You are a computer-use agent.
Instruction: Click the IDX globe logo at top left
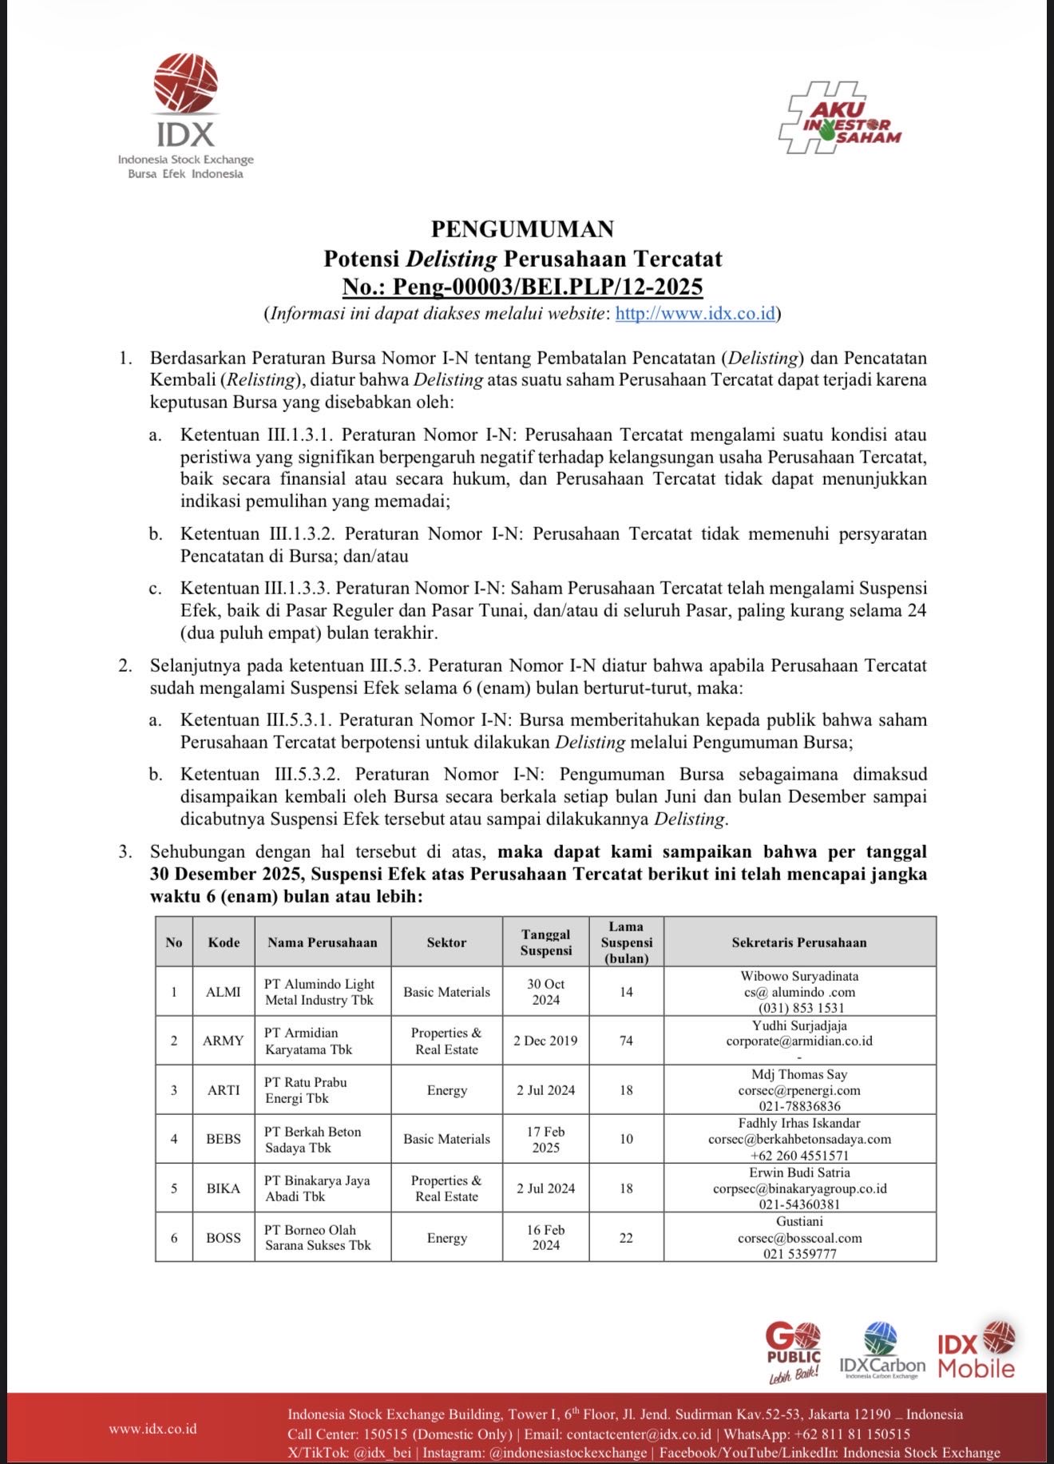coord(185,84)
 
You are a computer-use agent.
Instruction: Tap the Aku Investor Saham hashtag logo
coord(839,118)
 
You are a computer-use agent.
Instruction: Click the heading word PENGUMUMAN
coord(522,229)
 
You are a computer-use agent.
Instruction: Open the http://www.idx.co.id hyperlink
coord(695,313)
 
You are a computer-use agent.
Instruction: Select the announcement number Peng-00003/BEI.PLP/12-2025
coord(522,286)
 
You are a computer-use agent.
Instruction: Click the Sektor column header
coord(446,942)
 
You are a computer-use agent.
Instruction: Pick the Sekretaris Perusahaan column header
coord(798,942)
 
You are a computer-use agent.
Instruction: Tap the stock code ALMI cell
coord(223,992)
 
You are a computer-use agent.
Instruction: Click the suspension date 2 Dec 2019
coord(545,1041)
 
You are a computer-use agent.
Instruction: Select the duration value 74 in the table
coord(626,1041)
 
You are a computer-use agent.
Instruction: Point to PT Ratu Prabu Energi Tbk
coord(306,1090)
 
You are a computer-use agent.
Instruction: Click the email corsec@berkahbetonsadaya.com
coord(799,1139)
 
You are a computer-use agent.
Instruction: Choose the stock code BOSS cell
coord(223,1238)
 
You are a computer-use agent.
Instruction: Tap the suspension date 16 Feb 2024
coord(545,1238)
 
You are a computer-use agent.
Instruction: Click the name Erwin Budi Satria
coord(799,1172)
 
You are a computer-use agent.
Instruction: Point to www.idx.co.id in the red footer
coord(153,1429)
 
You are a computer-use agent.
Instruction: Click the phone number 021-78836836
coord(799,1106)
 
